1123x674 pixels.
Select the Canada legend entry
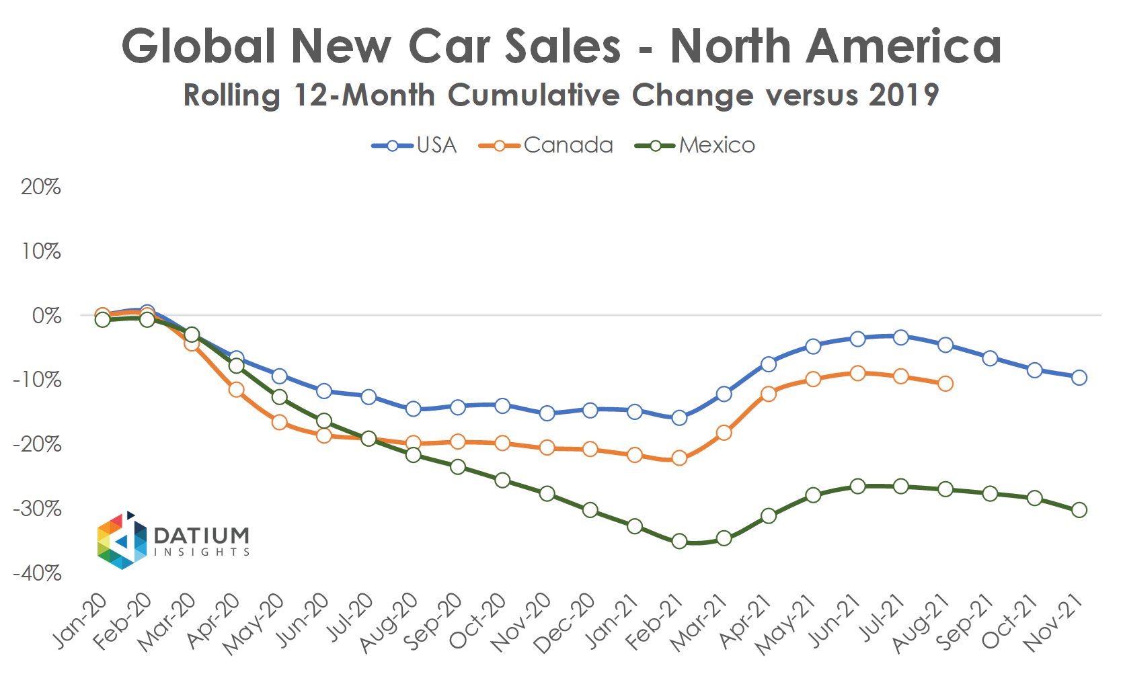tap(546, 145)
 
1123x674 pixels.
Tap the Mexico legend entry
tap(695, 145)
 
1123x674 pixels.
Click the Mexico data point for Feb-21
tap(679, 541)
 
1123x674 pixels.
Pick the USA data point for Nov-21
tap(1079, 378)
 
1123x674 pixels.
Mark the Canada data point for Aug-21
tap(945, 384)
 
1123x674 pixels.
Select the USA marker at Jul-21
tap(901, 337)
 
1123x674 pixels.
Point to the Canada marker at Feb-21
tap(679, 458)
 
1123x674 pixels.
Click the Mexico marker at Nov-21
tap(1079, 510)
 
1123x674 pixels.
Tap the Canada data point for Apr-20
tap(236, 390)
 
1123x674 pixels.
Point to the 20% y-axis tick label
tap(40, 187)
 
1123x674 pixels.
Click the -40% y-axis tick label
tap(38, 574)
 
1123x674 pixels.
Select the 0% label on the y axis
tap(46, 316)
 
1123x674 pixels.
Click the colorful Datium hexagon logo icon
tap(122, 541)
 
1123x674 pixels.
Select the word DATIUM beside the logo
tap(202, 536)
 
